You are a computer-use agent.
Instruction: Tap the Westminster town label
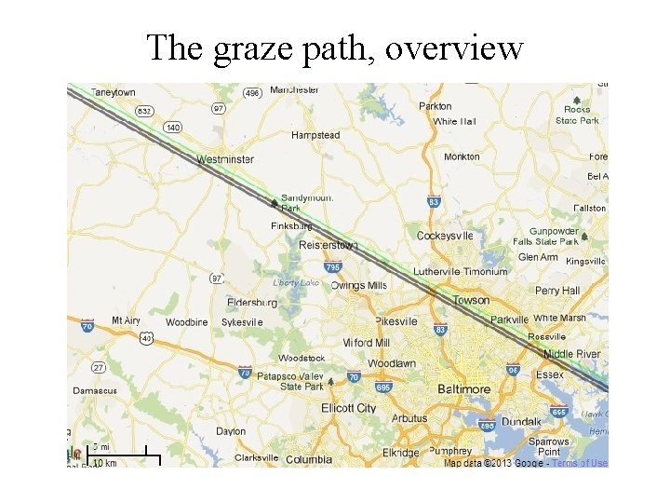pyautogui.click(x=224, y=159)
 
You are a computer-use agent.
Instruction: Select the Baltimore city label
pyautogui.click(x=463, y=388)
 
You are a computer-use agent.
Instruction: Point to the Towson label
pyautogui.click(x=471, y=300)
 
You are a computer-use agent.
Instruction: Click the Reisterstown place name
pyautogui.click(x=328, y=245)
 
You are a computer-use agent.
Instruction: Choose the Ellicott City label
pyautogui.click(x=349, y=408)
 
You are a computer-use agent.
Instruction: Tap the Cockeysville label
pyautogui.click(x=445, y=236)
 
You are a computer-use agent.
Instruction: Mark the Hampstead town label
pyautogui.click(x=315, y=135)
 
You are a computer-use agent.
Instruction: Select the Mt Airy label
pyautogui.click(x=126, y=320)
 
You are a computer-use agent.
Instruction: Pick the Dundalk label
pyautogui.click(x=521, y=421)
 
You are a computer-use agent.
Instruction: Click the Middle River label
pyautogui.click(x=571, y=354)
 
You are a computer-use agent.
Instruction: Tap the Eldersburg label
pyautogui.click(x=251, y=302)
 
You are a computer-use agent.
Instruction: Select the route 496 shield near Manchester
pyautogui.click(x=251, y=93)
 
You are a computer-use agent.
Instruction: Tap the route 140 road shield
pyautogui.click(x=172, y=127)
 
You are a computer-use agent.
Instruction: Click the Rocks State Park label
pyautogui.click(x=577, y=115)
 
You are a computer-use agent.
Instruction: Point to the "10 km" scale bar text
pyautogui.click(x=105, y=462)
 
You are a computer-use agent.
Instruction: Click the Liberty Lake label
pyautogui.click(x=296, y=282)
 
